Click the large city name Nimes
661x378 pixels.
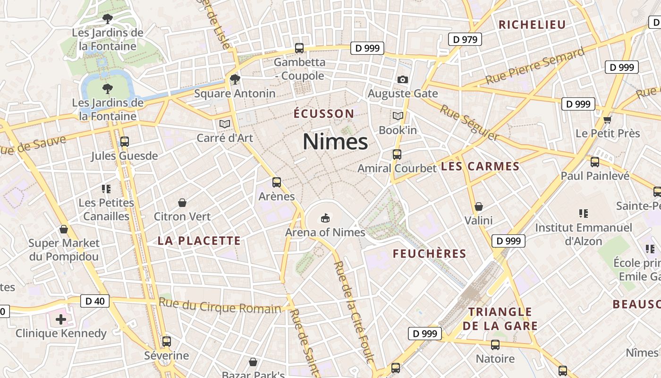[x=335, y=142]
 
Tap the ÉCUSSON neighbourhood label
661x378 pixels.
[x=323, y=114]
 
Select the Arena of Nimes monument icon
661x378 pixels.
[x=325, y=218]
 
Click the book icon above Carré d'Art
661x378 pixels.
[x=224, y=124]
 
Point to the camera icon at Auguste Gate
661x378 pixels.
[x=402, y=79]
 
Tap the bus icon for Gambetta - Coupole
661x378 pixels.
[x=299, y=48]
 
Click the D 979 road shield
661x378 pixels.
[x=465, y=40]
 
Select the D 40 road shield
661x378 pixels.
[x=95, y=301]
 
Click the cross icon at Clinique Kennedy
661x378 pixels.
[x=61, y=319]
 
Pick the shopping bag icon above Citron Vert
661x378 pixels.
[x=182, y=203]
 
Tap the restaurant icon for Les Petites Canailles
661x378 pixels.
[x=106, y=189]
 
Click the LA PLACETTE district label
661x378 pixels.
[x=199, y=241]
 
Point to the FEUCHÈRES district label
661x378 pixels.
[x=429, y=254]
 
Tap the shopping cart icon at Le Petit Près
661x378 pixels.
[x=607, y=120]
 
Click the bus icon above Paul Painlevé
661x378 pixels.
[x=595, y=162]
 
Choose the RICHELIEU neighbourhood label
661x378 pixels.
[x=532, y=25]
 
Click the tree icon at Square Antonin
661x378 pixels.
[x=235, y=79]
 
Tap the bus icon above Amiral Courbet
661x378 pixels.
[x=397, y=154]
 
